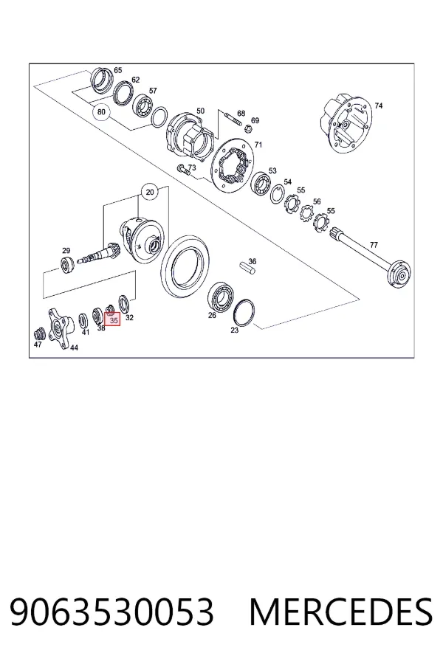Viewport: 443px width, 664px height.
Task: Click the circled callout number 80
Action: coord(101,112)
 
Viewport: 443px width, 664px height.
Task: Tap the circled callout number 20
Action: coord(150,193)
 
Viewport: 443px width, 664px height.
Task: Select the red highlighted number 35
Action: coord(113,319)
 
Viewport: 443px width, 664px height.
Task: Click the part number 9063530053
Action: coord(111,612)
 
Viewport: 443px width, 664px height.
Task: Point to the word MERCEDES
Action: coord(341,612)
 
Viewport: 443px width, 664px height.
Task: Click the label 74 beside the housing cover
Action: coord(378,106)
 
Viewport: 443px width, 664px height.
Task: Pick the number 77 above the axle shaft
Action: coord(374,245)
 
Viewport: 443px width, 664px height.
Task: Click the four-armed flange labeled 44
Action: coord(59,328)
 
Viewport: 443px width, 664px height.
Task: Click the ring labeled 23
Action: coord(244,313)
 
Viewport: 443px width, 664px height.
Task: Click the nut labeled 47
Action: coord(39,333)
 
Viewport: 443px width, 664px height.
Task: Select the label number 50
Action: coord(200,111)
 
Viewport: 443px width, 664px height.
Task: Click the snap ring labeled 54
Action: coord(278,194)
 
